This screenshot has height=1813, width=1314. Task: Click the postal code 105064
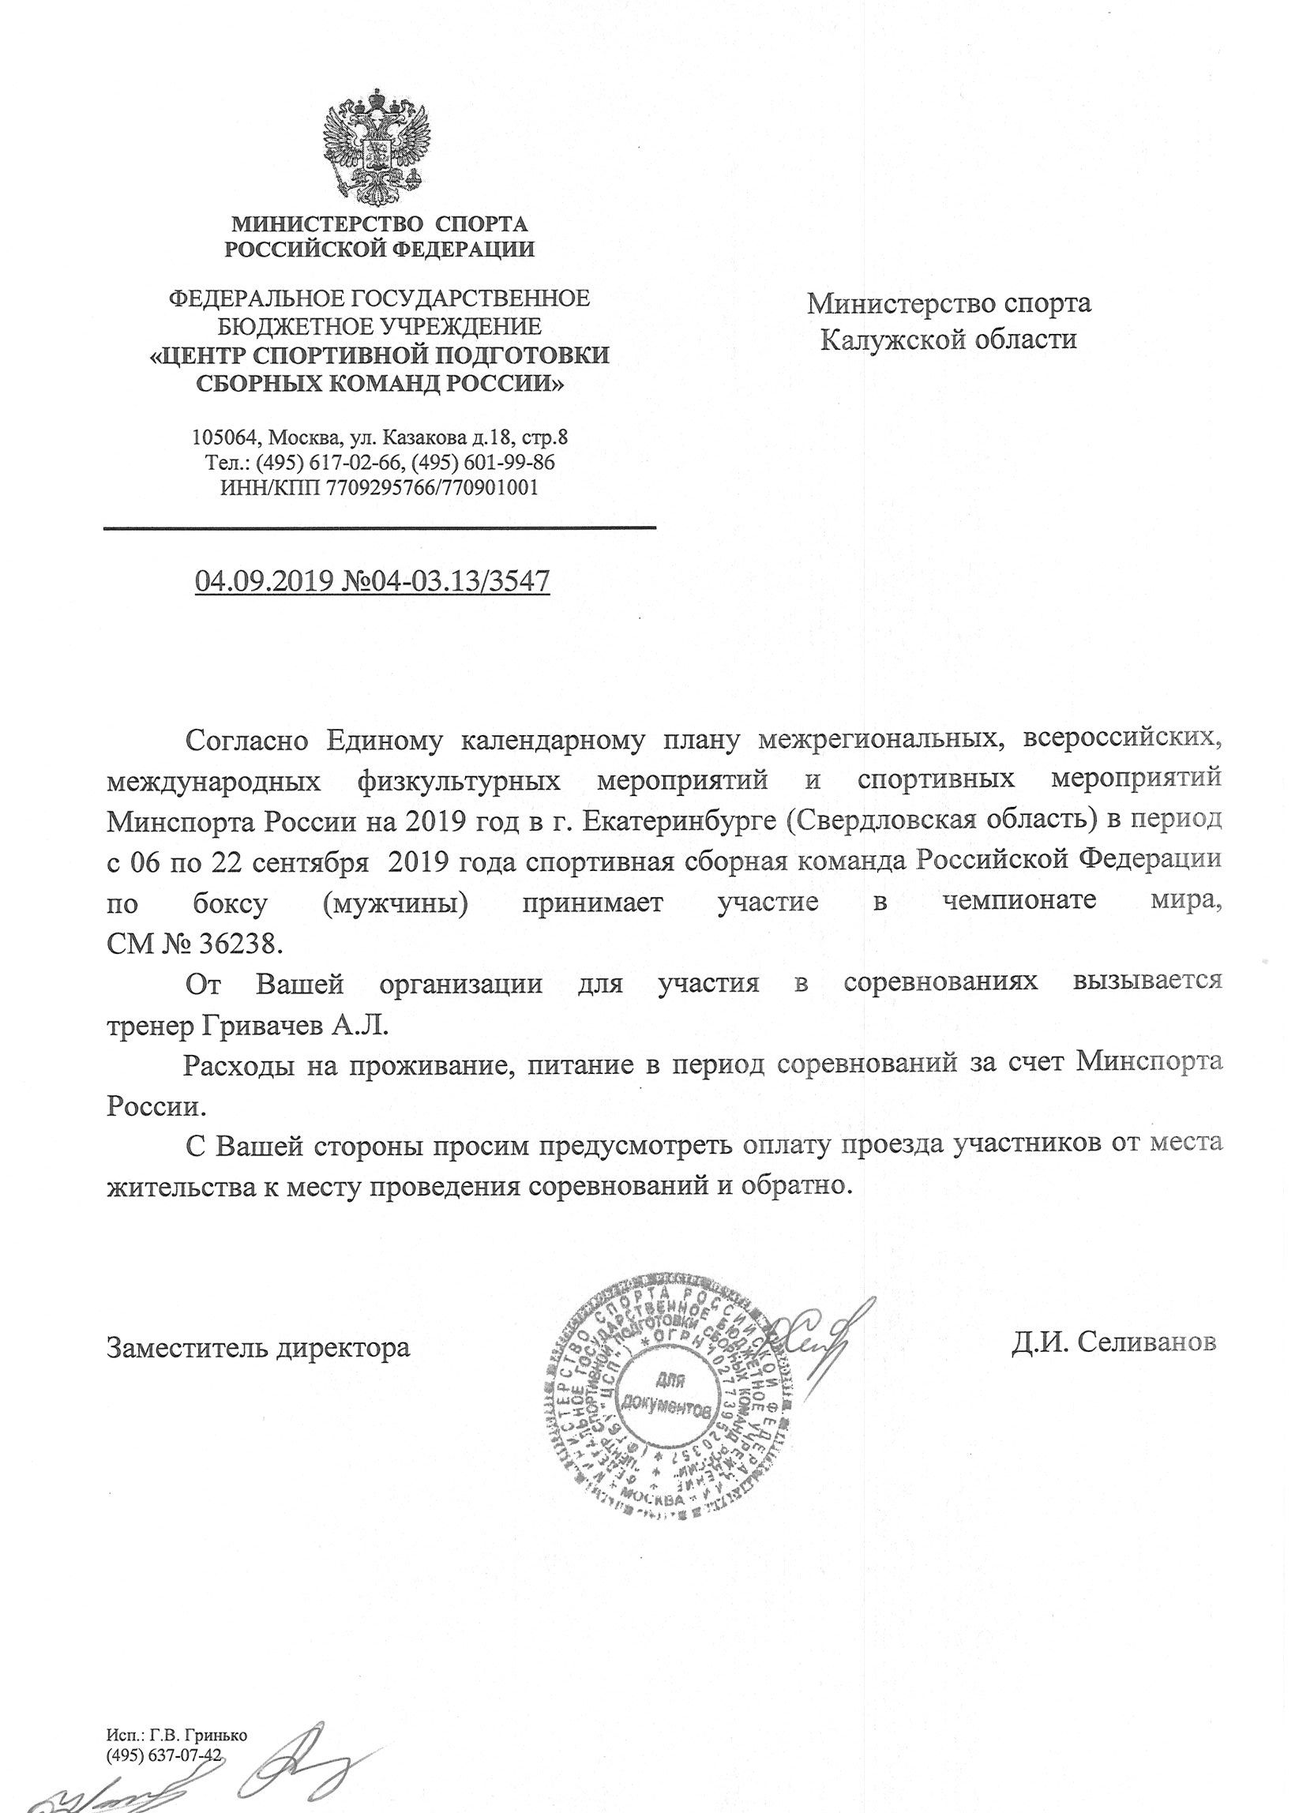pyautogui.click(x=223, y=438)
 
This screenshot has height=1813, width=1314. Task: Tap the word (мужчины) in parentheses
pyautogui.click(x=396, y=903)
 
